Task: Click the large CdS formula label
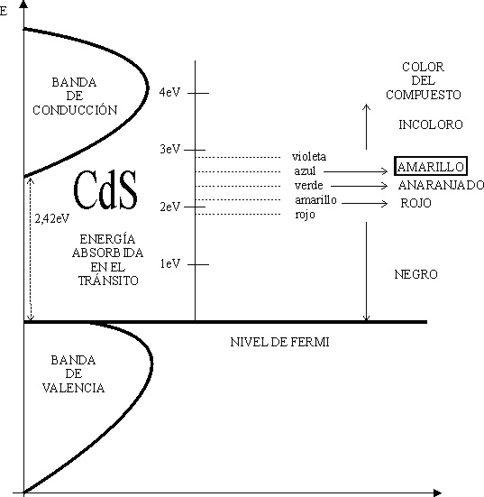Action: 105,189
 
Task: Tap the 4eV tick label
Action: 169,92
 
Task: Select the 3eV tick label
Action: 169,149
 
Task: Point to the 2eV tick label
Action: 169,207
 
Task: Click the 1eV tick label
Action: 170,263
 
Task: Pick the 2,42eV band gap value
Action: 52,218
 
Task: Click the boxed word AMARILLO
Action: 431,166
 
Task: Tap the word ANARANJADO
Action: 441,185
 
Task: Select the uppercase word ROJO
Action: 416,203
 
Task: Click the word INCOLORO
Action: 431,124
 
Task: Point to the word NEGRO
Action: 416,274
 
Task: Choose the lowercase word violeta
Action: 309,156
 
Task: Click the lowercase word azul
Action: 305,170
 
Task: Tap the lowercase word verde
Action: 308,185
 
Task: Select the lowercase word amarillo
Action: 315,199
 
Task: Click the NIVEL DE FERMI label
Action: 279,342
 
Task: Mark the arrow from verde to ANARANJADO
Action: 360,186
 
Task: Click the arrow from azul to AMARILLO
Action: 355,171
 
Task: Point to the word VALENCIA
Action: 74,388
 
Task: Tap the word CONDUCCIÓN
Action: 75,110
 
